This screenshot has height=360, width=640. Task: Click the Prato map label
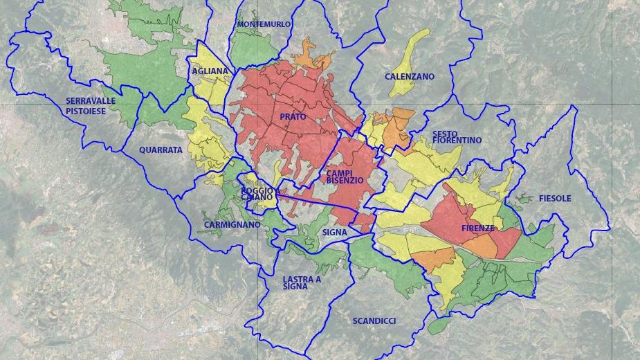(293, 117)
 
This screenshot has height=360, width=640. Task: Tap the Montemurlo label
(264, 24)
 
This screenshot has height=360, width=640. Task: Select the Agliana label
(210, 71)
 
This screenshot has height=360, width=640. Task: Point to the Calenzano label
(410, 77)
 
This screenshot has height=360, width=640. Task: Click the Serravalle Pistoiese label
(91, 105)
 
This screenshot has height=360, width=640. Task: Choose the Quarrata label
(161, 150)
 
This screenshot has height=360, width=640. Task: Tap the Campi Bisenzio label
(345, 177)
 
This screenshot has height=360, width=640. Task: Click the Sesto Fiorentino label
(457, 137)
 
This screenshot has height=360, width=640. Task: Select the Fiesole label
(554, 199)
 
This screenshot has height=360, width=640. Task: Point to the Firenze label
(477, 228)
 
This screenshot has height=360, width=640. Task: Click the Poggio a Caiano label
(260, 194)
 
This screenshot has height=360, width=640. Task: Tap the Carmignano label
(232, 225)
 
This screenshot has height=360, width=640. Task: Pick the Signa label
(334, 233)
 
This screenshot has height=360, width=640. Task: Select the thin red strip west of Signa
(311, 200)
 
